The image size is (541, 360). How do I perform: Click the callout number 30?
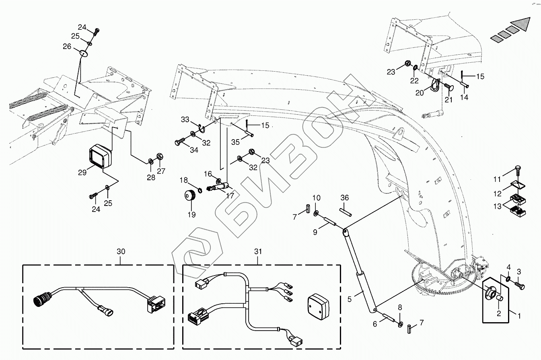click(121, 251)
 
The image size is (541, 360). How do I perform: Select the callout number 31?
click(258, 251)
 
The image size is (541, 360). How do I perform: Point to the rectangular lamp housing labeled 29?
click(101, 156)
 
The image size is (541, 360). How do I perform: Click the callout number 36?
click(344, 198)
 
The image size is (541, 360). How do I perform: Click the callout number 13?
click(498, 206)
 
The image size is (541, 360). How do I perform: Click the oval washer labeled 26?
click(83, 53)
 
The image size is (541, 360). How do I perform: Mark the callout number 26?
click(67, 46)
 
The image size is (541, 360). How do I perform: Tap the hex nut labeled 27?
click(160, 157)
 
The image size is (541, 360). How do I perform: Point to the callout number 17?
click(230, 195)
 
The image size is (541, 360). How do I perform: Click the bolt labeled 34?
click(179, 142)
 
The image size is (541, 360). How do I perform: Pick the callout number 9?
click(315, 232)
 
